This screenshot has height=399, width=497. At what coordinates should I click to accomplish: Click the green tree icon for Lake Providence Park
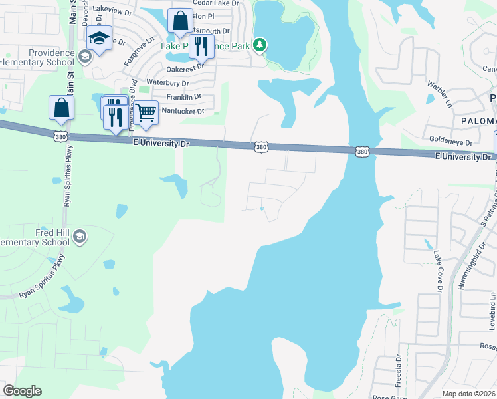tap(261, 45)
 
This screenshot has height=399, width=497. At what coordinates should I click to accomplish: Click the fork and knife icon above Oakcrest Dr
tap(199, 45)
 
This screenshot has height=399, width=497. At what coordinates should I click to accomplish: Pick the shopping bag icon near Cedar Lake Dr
tap(180, 21)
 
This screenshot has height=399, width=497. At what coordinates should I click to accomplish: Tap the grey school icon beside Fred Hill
tap(80, 237)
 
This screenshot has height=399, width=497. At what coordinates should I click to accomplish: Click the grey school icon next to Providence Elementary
tap(84, 57)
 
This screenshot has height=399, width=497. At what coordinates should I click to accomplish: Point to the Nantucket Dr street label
tap(182, 112)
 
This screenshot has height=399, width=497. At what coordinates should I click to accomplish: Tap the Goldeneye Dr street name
tap(450, 142)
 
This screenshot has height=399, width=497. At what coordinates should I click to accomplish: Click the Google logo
tap(23, 391)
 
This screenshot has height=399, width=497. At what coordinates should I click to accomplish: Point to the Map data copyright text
tap(468, 394)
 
